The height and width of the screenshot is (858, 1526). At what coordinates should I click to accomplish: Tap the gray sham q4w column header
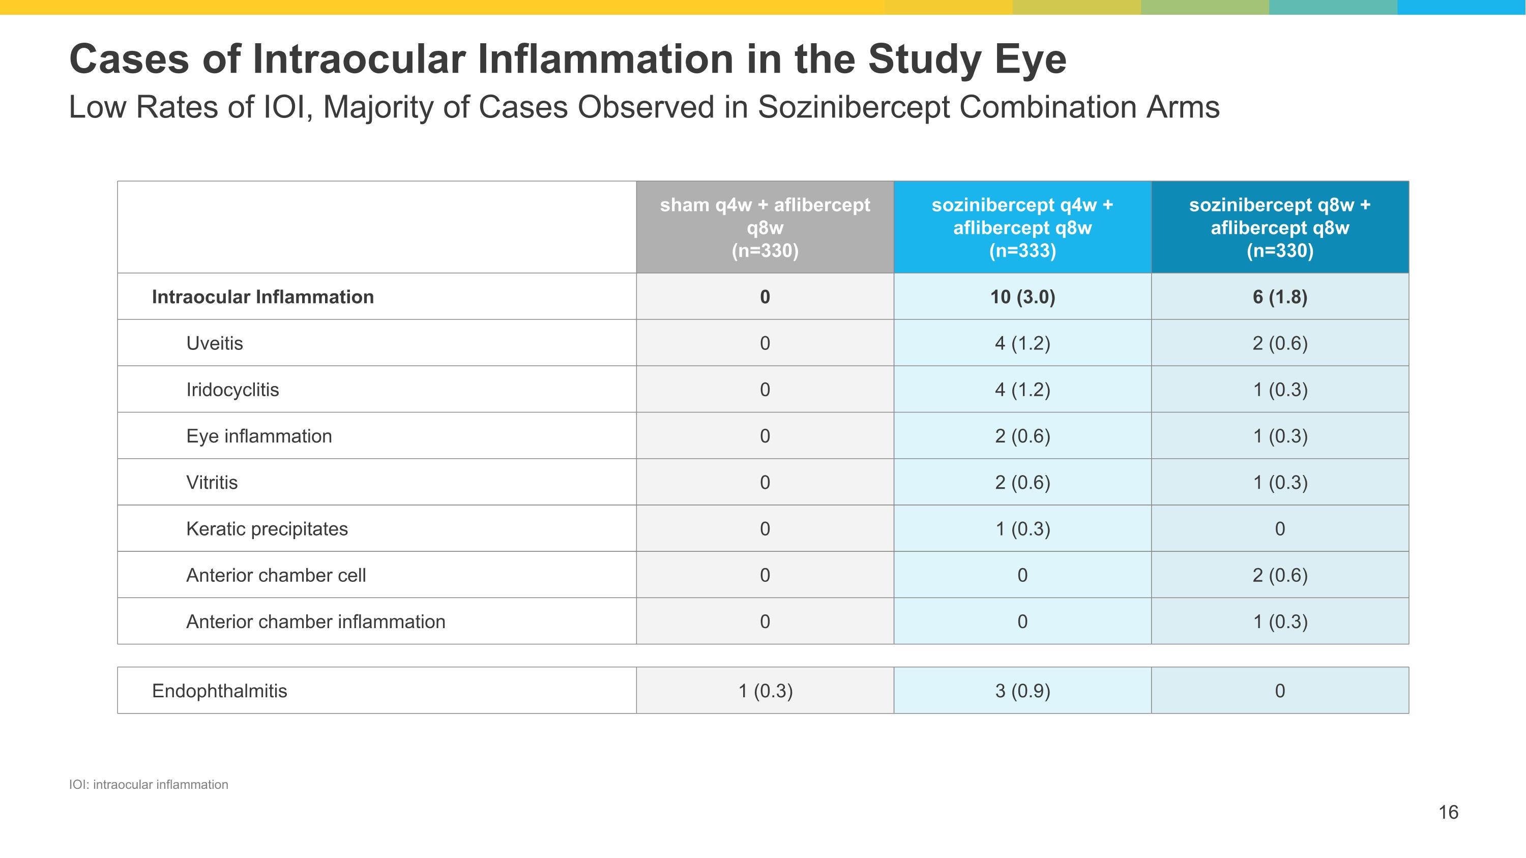pos(765,227)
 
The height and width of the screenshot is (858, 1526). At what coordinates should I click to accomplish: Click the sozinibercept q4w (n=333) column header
pos(1022,227)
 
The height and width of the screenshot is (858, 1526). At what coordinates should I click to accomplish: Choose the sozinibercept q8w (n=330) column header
pos(1280,227)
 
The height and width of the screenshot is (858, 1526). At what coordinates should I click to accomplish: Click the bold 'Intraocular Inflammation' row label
pos(262,297)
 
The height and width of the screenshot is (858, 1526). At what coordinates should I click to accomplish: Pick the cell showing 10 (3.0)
pos(1022,297)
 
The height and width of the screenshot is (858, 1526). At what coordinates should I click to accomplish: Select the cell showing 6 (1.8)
pos(1280,297)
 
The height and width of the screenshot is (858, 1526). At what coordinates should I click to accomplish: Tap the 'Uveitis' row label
pos(215,343)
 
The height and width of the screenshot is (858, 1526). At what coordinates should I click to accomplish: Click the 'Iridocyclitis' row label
pos(232,390)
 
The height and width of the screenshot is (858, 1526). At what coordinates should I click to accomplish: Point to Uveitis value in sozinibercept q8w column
pos(1280,343)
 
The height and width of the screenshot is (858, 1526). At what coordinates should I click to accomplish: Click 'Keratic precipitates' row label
pos(267,529)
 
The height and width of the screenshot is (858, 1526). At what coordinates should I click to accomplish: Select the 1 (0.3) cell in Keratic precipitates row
pos(1022,529)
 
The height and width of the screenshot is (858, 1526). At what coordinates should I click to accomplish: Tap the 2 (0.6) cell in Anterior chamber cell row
pos(1280,575)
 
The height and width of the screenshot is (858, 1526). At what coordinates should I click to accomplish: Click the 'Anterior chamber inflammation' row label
pos(315,622)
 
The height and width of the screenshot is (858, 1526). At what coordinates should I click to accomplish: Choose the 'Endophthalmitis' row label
pos(219,691)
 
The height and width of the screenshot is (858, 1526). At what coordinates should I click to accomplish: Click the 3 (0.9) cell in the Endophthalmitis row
pos(1022,691)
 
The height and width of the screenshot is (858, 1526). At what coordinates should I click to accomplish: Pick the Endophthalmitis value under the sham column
pos(765,691)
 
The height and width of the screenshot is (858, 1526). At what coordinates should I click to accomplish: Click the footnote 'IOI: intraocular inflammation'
pos(148,785)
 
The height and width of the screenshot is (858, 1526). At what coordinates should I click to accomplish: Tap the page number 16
pos(1448,812)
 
